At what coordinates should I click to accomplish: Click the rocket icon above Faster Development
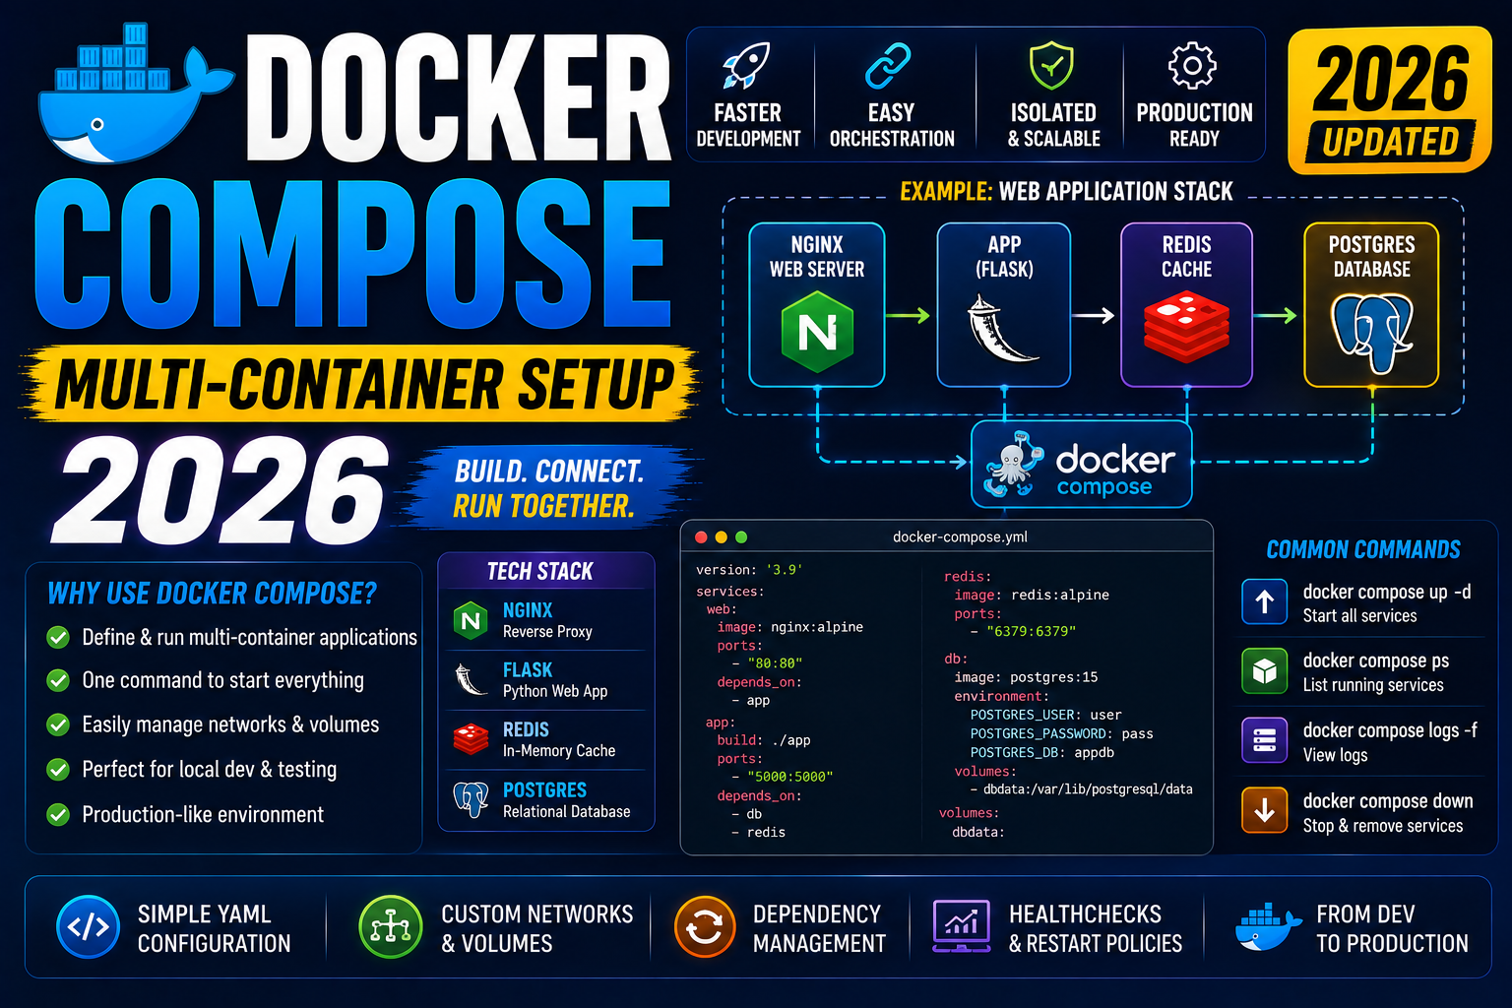[x=746, y=66]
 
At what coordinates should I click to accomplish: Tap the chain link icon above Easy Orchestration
[x=888, y=66]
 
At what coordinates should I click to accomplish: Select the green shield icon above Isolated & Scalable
[x=1051, y=65]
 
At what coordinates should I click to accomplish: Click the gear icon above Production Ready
[x=1193, y=66]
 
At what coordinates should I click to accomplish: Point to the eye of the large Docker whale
[x=97, y=125]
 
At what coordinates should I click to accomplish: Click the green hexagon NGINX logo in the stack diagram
[x=817, y=332]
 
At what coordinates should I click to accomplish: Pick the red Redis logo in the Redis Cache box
[x=1186, y=326]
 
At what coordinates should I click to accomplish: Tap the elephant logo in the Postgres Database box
[x=1372, y=332]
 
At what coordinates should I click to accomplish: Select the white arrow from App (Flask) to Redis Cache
[x=1093, y=315]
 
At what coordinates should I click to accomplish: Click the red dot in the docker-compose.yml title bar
[x=701, y=537]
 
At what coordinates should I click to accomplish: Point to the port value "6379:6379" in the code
[x=1031, y=631]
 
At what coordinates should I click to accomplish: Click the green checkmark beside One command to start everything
[x=58, y=680]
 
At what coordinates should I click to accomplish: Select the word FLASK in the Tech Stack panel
[x=528, y=669]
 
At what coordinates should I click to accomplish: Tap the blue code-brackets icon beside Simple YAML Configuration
[x=89, y=927]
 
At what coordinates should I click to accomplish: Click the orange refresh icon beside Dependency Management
[x=705, y=927]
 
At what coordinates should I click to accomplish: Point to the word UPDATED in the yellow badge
[x=1391, y=143]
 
